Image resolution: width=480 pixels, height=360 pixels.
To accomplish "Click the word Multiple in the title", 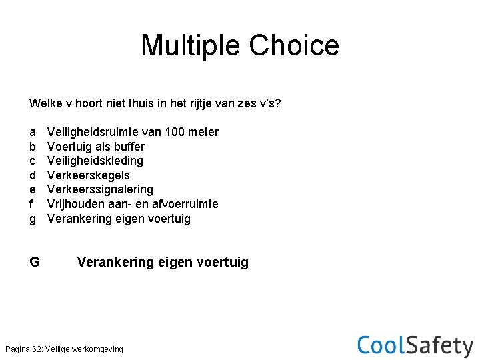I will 191,46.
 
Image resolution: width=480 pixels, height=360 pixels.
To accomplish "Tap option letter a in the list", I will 33,132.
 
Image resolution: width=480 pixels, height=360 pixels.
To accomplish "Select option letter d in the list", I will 33,175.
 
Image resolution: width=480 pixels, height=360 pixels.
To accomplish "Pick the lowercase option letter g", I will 33,219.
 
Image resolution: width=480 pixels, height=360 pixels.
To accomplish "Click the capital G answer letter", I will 35,262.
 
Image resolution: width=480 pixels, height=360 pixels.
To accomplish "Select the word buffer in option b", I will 129,147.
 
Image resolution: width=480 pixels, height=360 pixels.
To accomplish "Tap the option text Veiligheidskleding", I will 95,161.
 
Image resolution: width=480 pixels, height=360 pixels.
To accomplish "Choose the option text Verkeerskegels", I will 89,175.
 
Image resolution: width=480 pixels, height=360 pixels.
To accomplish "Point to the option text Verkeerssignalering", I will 100,189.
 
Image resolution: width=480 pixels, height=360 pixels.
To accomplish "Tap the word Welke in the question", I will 45,104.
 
